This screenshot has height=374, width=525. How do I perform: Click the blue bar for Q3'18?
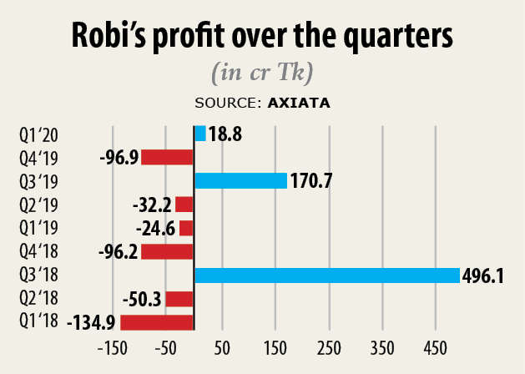(x=326, y=275)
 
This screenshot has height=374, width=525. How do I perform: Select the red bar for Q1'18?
(x=157, y=322)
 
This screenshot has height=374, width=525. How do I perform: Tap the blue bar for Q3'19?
(x=240, y=180)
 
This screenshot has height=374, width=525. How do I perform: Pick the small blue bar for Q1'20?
(x=199, y=133)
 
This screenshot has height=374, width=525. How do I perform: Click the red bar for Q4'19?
(x=167, y=157)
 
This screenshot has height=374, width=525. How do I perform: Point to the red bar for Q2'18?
(x=179, y=299)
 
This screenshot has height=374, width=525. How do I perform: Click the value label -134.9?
(x=93, y=323)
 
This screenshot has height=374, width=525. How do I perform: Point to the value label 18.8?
(x=225, y=134)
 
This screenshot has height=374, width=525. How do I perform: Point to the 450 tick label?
(x=435, y=347)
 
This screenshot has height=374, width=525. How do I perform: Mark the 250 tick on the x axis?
(x=328, y=347)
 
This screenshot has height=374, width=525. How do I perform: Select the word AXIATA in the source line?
(x=298, y=104)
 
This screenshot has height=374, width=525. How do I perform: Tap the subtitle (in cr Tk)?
(x=262, y=73)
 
